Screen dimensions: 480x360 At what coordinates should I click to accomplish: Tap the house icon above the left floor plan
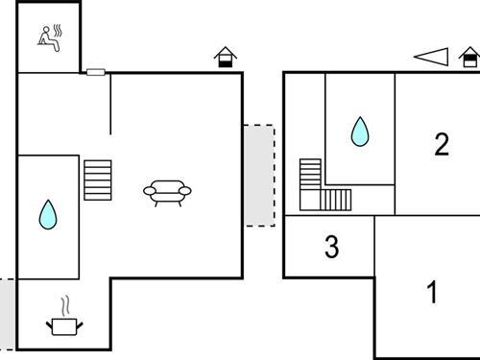coord(224,58)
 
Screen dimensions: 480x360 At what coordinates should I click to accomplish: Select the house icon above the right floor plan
coord(469,58)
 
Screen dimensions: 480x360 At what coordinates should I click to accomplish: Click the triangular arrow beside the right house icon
coord(432,58)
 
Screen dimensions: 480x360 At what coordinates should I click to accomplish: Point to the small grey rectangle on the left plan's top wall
coord(95,72)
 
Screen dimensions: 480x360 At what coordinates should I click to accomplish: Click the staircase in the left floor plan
coord(98,180)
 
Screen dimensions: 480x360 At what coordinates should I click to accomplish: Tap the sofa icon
coord(170,192)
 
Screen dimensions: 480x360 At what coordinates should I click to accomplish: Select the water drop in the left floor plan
coord(47,214)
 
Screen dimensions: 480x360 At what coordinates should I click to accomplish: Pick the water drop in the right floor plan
coord(359,132)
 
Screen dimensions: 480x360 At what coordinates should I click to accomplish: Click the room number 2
coord(441,145)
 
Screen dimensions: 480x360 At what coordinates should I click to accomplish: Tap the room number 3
coord(331,248)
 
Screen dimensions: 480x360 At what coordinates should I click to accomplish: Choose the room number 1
coord(432,292)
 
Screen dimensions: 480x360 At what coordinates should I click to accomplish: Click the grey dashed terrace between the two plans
coord(258,175)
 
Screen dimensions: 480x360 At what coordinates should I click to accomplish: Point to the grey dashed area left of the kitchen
coord(8,314)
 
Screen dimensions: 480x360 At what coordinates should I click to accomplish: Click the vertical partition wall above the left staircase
coord(110,104)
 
